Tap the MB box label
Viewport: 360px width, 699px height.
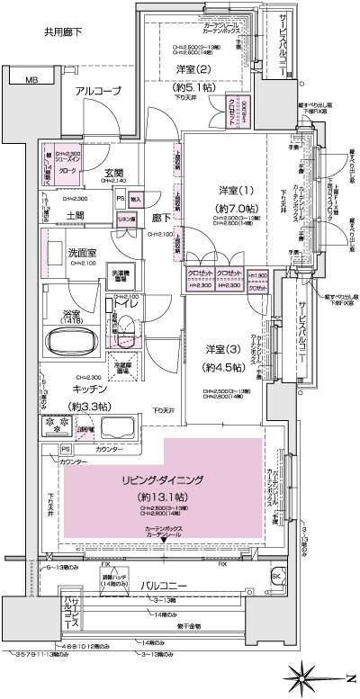(x=31, y=81)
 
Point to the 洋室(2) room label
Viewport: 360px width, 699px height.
(x=193, y=69)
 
